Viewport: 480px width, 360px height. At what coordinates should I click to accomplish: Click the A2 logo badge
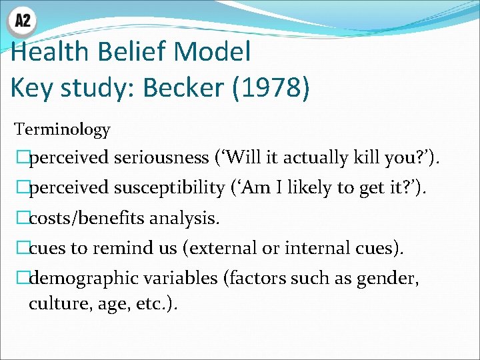(x=23, y=21)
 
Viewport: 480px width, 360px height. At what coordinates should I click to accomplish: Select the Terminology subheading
(x=62, y=129)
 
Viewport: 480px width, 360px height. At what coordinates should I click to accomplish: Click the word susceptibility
(x=169, y=187)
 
